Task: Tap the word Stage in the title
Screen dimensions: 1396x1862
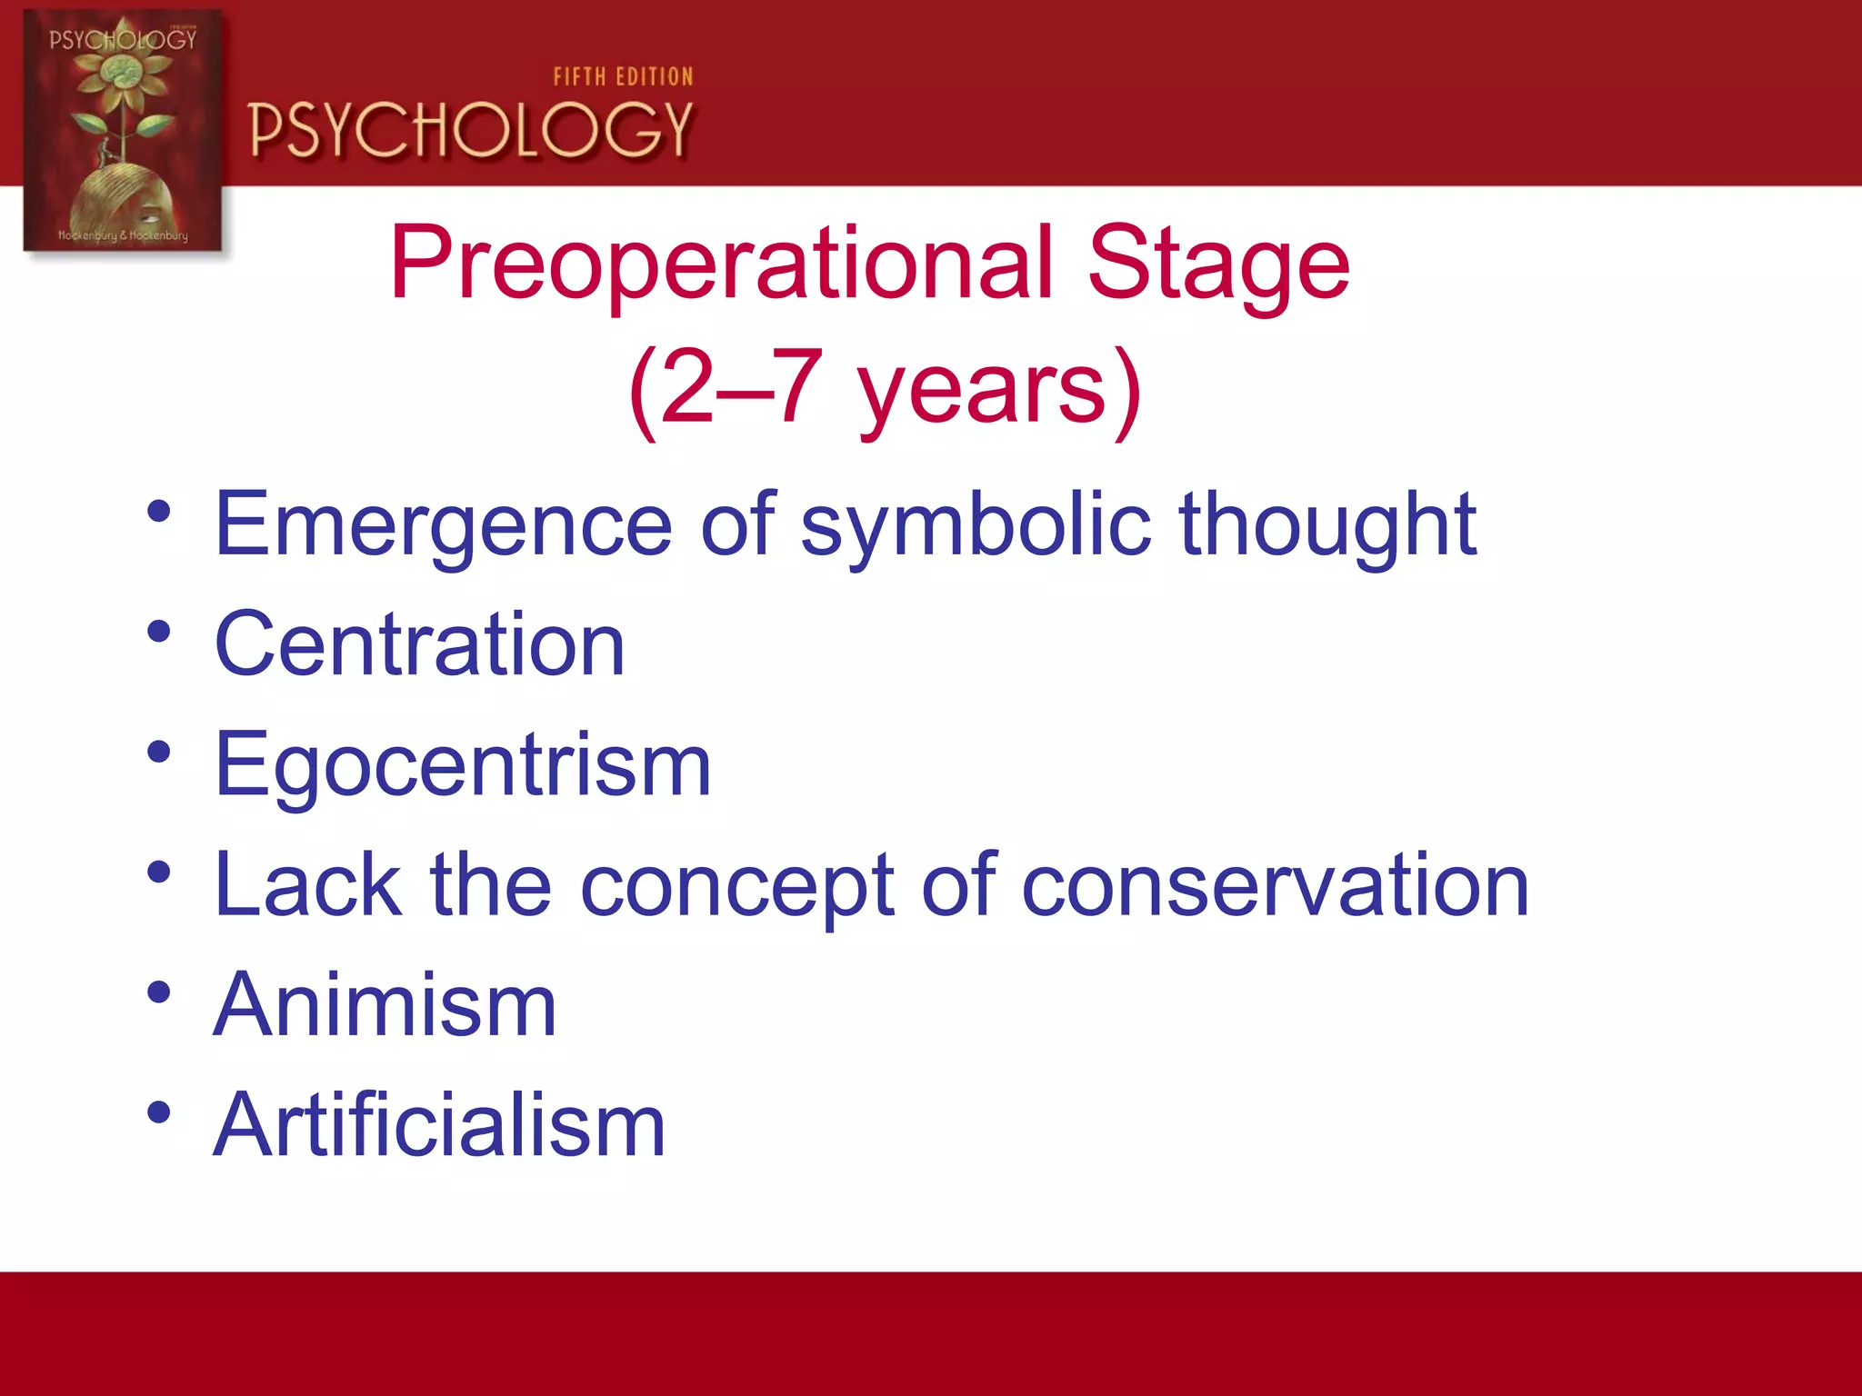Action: pos(1218,264)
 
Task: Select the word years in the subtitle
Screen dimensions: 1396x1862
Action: pos(982,389)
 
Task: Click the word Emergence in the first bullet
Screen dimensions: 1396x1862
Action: pos(443,524)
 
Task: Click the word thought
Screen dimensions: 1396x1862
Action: pos(1327,524)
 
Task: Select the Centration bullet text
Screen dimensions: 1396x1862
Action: pos(420,644)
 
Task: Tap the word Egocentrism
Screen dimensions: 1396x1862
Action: pos(462,765)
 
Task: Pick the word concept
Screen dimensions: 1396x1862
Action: pos(736,886)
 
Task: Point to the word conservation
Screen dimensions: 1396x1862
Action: pos(1275,886)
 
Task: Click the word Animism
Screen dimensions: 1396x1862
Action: pos(385,1005)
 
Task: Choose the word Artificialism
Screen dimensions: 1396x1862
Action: pos(439,1126)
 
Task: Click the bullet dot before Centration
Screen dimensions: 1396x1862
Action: pos(159,631)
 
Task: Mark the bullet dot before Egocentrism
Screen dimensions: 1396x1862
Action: pos(159,752)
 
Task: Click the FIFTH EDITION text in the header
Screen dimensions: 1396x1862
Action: pos(623,77)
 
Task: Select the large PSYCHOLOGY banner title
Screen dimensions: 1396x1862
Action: pos(471,130)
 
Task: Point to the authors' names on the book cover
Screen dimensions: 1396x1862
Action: pos(123,235)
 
